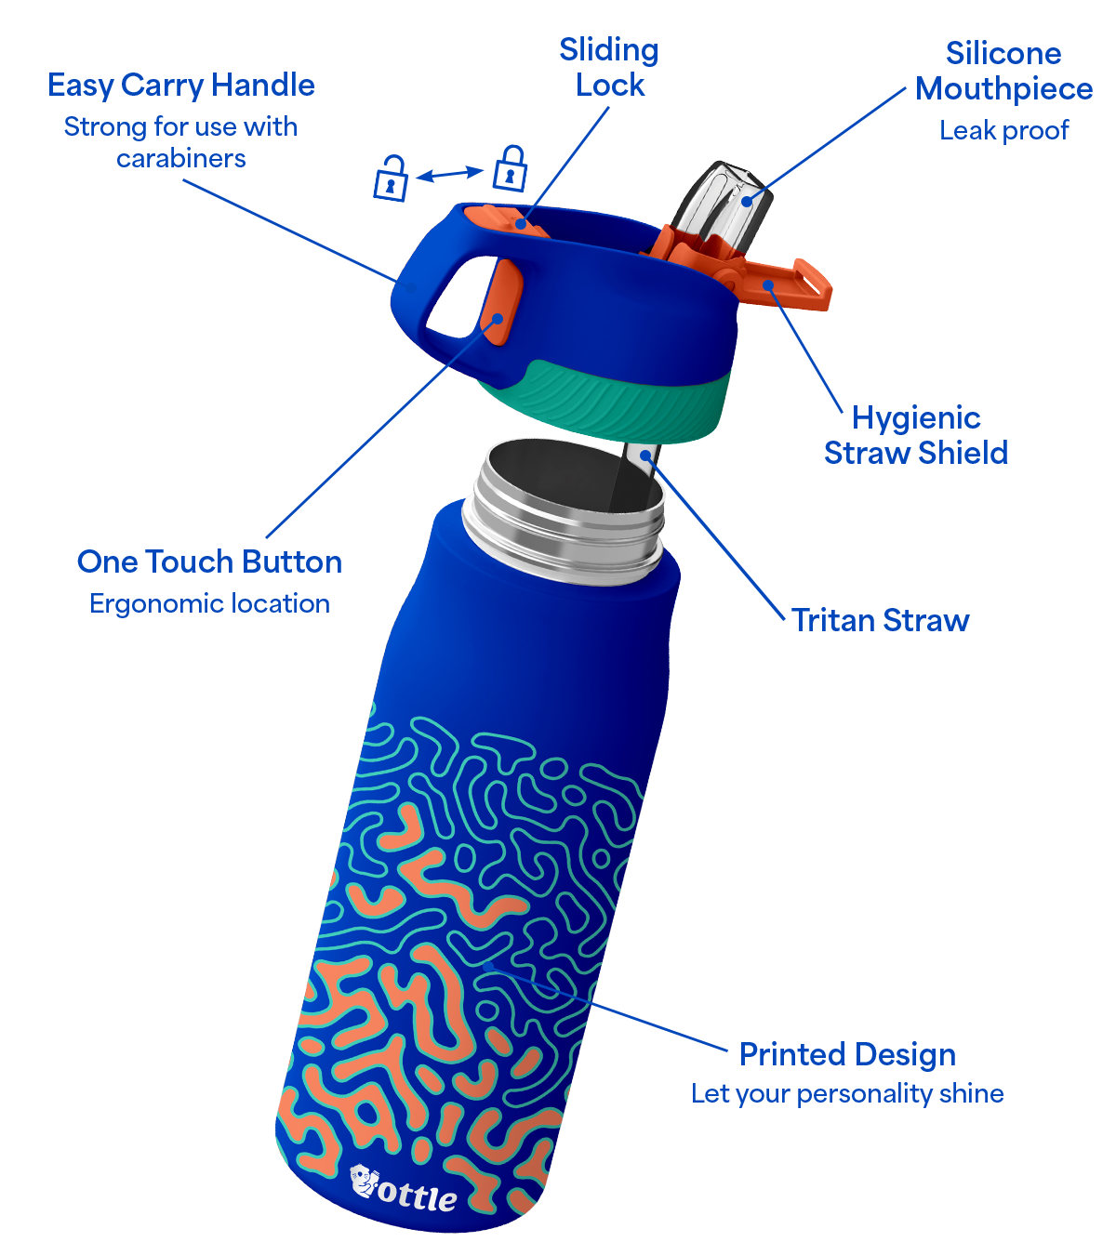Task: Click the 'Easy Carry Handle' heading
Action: point(181,86)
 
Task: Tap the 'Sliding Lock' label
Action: point(609,67)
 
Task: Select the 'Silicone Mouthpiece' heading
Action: point(1003,71)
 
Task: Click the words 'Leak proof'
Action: point(1003,131)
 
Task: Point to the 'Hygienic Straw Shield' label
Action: point(916,435)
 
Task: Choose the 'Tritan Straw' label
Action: point(881,620)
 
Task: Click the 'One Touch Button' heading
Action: point(209,561)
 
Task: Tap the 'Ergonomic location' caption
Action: point(209,604)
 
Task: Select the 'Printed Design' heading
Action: point(847,1054)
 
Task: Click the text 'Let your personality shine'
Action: point(847,1094)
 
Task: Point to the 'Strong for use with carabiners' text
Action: point(181,142)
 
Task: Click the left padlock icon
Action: point(391,178)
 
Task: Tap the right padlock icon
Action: point(511,168)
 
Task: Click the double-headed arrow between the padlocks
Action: point(450,173)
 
